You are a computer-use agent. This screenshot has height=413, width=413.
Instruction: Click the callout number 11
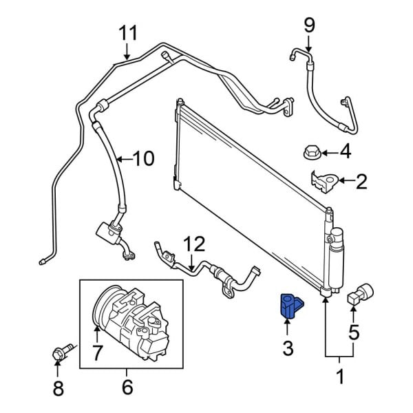pyautogui.click(x=128, y=32)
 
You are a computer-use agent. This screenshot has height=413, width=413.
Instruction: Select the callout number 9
pyautogui.click(x=309, y=26)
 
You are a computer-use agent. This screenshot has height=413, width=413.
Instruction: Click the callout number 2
pyautogui.click(x=361, y=182)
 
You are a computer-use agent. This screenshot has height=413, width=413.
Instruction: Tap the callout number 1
pyautogui.click(x=339, y=377)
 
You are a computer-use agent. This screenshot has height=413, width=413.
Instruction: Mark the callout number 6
pyautogui.click(x=127, y=387)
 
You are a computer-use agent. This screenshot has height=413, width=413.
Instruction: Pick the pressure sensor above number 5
pyautogui.click(x=360, y=295)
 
